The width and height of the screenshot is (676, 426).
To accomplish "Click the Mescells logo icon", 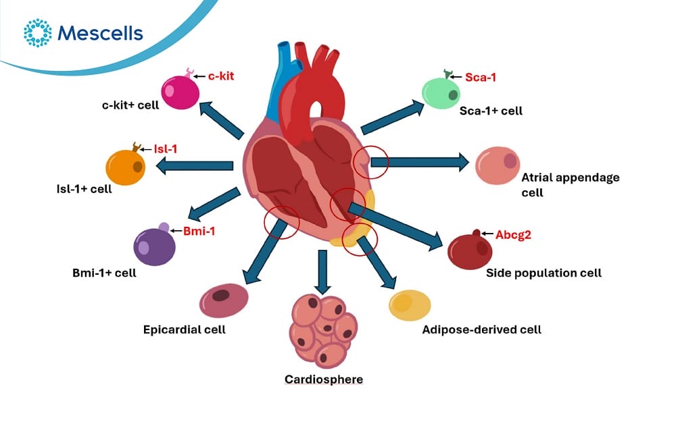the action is click(37, 32).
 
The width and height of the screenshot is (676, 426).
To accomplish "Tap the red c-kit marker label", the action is click(221, 76).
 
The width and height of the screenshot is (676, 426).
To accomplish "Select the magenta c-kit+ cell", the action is click(180, 92).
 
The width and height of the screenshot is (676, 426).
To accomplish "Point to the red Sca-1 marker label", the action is click(480, 77).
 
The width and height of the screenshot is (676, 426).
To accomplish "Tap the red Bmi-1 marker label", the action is click(199, 231).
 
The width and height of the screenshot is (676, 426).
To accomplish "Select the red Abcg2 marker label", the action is click(513, 235).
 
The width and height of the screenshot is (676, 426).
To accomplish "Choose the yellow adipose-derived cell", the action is click(410, 305).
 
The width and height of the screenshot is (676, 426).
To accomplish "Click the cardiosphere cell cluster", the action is click(323, 330).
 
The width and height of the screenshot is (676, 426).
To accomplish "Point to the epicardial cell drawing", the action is click(224, 300).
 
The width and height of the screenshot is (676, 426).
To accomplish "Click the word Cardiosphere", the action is click(324, 379).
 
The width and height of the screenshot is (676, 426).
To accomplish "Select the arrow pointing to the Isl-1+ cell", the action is click(195, 166).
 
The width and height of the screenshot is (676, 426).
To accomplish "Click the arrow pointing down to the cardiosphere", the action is click(322, 272).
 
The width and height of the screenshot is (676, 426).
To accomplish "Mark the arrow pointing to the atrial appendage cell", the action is click(420, 162).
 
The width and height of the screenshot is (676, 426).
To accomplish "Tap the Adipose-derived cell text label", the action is click(481, 329).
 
